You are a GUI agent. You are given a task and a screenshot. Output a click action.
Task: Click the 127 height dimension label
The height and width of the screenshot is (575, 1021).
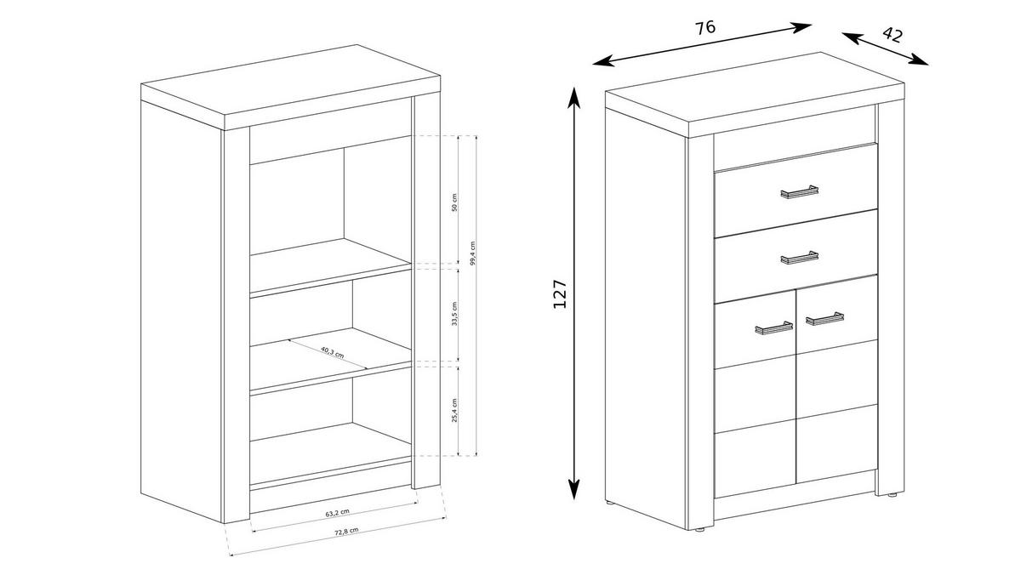560,294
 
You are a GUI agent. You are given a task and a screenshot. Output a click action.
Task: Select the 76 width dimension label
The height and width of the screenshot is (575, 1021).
704,27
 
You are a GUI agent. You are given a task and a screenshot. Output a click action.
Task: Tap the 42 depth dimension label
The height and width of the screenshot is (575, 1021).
892,35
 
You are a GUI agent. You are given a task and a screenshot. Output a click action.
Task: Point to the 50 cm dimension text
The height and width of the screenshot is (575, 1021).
454,202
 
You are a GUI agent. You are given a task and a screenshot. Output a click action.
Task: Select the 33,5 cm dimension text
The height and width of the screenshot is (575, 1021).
454,314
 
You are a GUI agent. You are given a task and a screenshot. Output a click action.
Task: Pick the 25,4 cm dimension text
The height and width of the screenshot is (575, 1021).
454,410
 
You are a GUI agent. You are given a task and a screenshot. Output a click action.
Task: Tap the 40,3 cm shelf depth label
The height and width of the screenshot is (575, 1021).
332,352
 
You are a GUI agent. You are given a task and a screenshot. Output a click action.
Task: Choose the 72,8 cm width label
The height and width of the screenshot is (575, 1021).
345,532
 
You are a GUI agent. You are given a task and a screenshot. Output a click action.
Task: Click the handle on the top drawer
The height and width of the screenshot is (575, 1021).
799,192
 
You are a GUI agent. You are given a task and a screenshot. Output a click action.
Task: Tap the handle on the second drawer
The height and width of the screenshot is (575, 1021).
799,257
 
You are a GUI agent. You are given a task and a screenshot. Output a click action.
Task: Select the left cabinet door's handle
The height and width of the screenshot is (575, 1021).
773,327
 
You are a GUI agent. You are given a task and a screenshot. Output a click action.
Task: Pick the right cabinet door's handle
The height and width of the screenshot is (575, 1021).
824,319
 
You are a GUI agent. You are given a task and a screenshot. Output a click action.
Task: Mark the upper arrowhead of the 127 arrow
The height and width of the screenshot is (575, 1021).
574,94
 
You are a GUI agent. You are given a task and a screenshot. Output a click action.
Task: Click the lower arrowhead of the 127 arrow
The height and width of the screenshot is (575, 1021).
574,492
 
